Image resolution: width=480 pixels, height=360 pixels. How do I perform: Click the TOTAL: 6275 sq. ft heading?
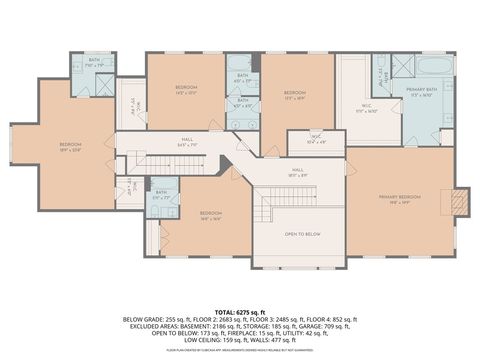(x=240, y=310)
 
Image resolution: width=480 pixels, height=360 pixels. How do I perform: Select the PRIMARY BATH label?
(x=420, y=94)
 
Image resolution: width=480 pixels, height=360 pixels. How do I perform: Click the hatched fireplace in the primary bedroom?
(x=459, y=202)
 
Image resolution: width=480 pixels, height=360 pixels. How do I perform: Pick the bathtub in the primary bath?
(x=433, y=67)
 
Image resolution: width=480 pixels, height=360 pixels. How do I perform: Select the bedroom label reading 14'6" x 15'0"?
(x=186, y=90)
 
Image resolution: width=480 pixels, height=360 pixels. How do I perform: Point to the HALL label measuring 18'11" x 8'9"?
(x=297, y=172)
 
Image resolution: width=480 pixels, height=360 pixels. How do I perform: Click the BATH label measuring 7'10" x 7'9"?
(x=92, y=64)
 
